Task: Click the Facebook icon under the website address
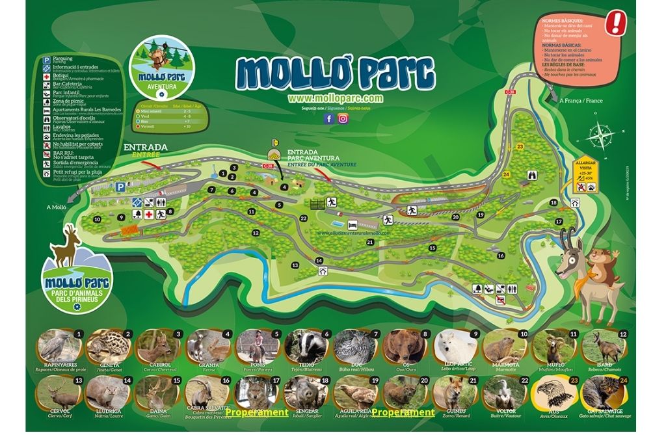point(329,118)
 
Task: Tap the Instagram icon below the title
point(343,118)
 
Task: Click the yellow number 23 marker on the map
point(519,148)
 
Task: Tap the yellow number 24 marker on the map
point(506,174)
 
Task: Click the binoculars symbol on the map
point(532,174)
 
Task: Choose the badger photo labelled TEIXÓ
point(304,347)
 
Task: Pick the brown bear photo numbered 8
point(407,347)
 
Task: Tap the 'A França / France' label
point(580,101)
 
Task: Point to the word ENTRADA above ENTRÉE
point(145,147)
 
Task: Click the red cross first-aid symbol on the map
point(150,213)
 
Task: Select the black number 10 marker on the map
point(97,219)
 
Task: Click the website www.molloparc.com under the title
point(335,98)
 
